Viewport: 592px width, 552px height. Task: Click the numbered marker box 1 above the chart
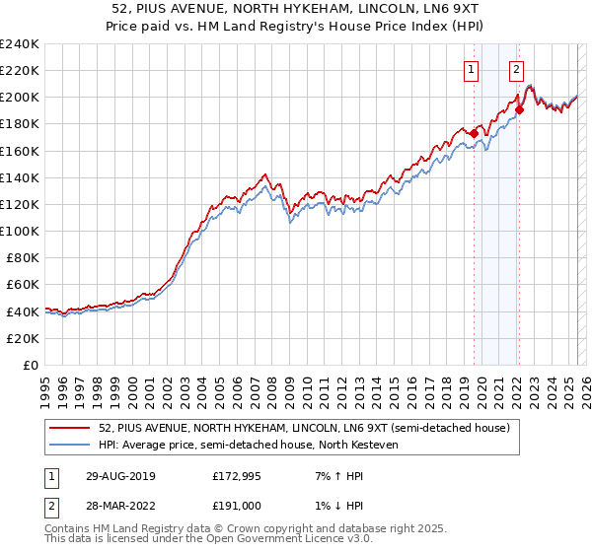472,69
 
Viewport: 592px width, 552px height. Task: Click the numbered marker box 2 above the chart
516,69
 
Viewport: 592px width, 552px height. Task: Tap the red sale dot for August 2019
474,133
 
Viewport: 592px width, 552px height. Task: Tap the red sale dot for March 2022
520,109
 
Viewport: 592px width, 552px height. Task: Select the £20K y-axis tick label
23,338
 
